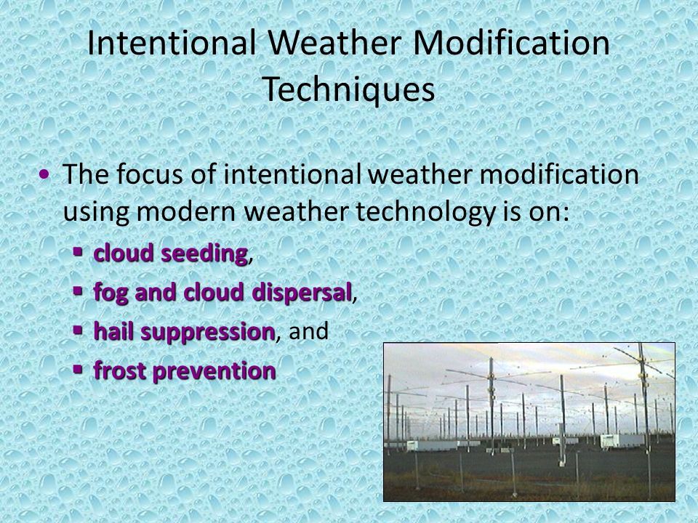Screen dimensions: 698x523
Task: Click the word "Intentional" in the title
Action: pos(172,43)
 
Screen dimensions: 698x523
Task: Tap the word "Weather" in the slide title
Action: pos(334,43)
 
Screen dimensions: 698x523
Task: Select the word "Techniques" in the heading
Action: pos(348,89)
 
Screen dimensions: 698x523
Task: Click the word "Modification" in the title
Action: pos(511,43)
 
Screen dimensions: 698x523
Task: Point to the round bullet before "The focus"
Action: pos(44,174)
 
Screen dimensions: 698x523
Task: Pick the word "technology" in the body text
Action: pos(425,211)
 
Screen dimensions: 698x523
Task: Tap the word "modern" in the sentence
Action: pos(185,211)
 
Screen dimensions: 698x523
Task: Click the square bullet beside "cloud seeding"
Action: pos(78,252)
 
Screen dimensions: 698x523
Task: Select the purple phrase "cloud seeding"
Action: pos(170,253)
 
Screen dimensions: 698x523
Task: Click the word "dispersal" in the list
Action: pos(302,293)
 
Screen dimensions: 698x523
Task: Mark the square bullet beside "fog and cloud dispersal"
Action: pos(78,291)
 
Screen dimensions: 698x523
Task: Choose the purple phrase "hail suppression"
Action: pos(184,332)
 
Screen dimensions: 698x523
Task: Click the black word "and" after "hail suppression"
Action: pos(308,331)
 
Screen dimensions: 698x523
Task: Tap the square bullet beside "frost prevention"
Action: pos(78,369)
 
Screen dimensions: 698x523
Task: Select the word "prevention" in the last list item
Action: pos(214,371)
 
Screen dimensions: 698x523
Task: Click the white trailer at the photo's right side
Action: pos(622,441)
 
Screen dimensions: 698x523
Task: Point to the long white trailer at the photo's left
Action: pos(431,445)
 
